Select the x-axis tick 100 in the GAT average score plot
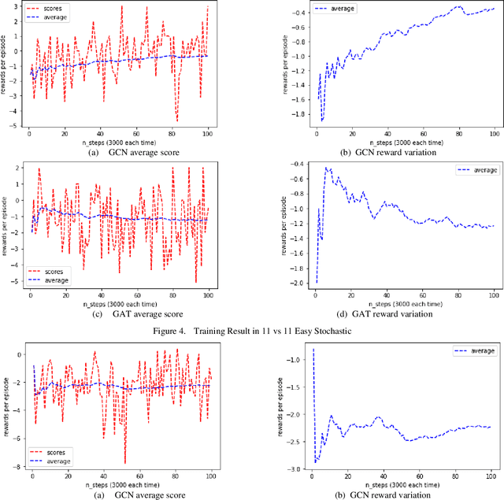208,294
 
